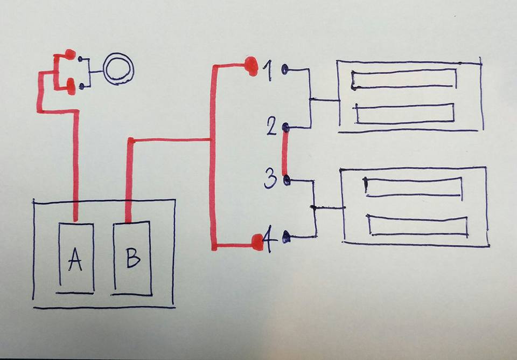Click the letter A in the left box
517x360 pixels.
tap(75, 261)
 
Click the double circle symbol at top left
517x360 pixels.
tap(117, 68)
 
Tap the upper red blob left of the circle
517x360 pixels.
tap(69, 54)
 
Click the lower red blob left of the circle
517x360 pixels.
tap(70, 85)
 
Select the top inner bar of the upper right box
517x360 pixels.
tap(404, 79)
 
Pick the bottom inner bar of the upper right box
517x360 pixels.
tap(404, 114)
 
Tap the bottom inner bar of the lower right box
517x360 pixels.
tap(417, 225)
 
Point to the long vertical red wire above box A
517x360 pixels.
tap(75, 162)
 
